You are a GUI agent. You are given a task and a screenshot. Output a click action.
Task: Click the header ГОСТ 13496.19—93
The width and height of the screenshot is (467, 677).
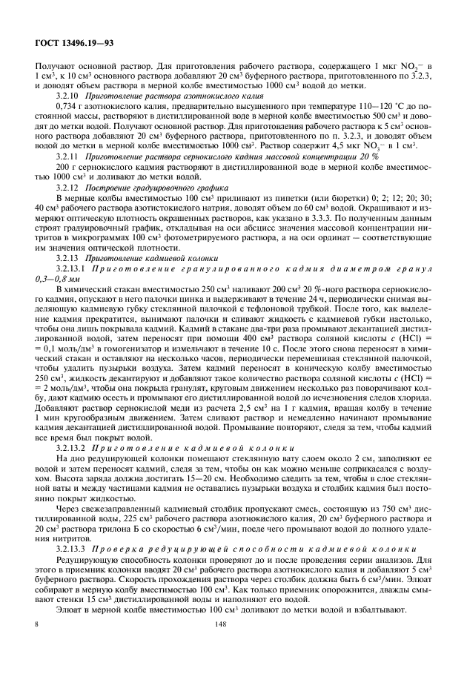70,46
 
